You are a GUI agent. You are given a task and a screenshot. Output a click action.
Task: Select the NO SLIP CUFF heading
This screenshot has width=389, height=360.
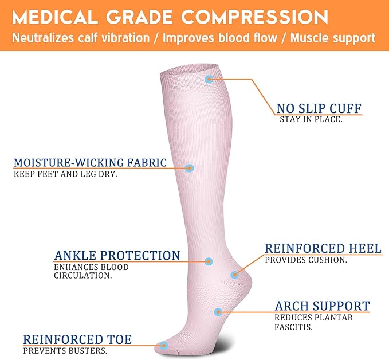pyautogui.click(x=319, y=108)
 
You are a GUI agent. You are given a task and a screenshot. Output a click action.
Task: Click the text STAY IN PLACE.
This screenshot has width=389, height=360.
pyautogui.click(x=311, y=120)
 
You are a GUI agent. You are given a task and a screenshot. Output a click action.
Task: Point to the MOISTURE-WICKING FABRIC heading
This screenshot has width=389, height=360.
pyautogui.click(x=91, y=163)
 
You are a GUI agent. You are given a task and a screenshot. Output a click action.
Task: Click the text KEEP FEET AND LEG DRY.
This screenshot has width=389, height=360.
pyautogui.click(x=65, y=174)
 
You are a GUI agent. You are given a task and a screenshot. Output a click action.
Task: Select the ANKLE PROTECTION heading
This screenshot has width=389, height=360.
pyautogui.click(x=117, y=256)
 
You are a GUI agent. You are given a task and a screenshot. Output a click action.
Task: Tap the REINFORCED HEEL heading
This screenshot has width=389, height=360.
pyautogui.click(x=323, y=248)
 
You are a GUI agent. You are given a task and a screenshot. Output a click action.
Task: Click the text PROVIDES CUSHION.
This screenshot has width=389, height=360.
pyautogui.click(x=306, y=260)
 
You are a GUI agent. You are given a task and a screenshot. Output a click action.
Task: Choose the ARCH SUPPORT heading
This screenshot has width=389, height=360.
pyautogui.click(x=322, y=306)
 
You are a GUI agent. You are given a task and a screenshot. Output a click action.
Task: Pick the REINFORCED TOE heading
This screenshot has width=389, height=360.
pyautogui.click(x=77, y=340)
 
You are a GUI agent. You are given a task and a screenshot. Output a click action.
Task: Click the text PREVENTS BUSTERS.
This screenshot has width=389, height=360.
pyautogui.click(x=65, y=351)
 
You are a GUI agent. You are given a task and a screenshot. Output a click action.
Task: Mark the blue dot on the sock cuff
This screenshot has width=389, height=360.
pyautogui.click(x=209, y=78)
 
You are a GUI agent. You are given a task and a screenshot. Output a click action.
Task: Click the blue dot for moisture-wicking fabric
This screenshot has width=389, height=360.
pyautogui.click(x=190, y=168)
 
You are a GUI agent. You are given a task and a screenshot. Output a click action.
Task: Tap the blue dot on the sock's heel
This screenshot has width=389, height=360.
pyautogui.click(x=234, y=275)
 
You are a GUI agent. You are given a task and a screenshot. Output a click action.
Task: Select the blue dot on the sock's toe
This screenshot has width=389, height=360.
pyautogui.click(x=164, y=345)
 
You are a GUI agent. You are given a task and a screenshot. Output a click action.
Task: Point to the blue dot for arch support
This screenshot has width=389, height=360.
pyautogui.click(x=218, y=312)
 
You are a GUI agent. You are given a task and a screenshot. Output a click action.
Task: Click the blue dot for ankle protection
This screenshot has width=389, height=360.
pyautogui.click(x=209, y=261)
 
